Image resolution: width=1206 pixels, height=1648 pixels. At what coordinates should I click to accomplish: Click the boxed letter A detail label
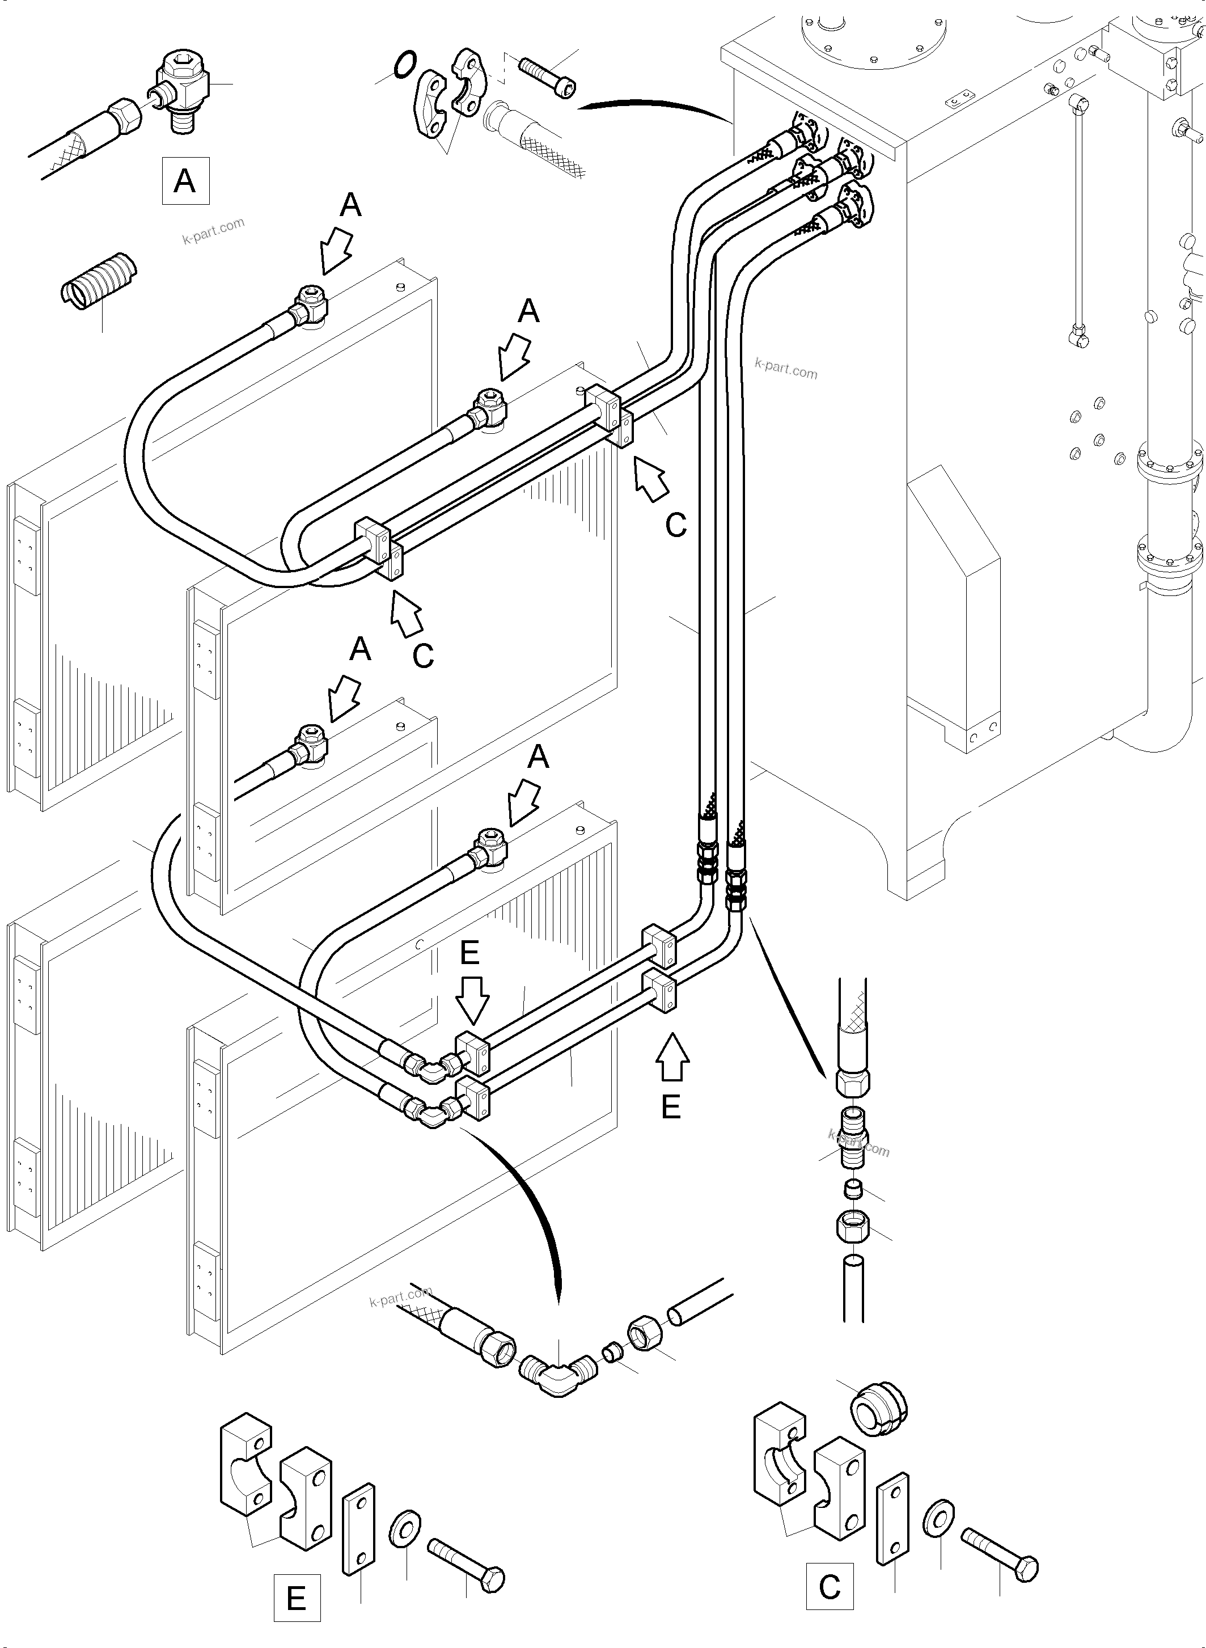coord(185,180)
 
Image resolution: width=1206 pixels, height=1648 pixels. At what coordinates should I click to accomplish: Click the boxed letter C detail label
coord(830,1585)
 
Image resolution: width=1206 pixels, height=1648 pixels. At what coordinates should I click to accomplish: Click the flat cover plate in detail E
coord(358,1528)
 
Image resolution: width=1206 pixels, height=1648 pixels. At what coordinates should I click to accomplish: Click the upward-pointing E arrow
coord(672,1056)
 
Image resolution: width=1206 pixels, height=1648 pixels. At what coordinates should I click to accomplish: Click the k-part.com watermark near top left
coord(213,231)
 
